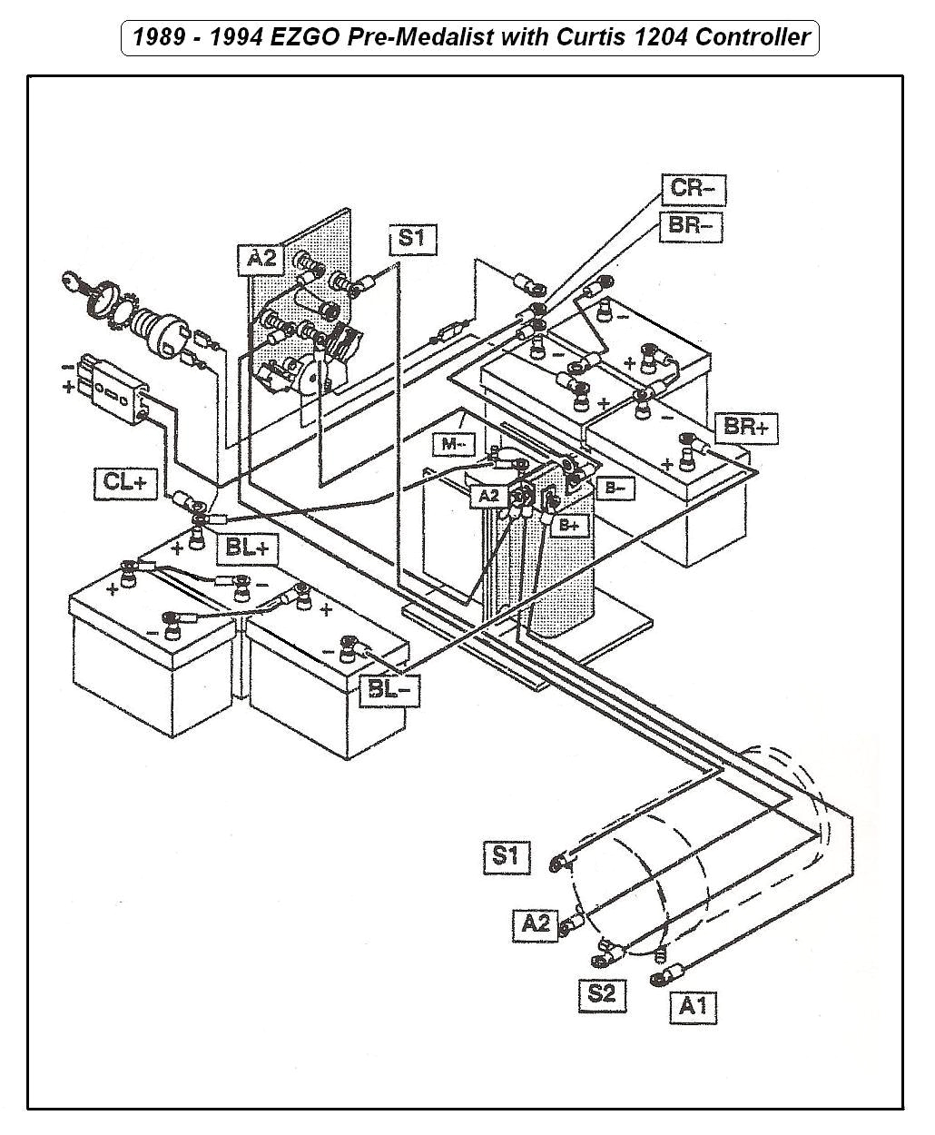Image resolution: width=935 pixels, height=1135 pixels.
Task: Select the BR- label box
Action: [x=691, y=225]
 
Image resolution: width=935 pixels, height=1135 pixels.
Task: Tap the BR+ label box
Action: [x=747, y=426]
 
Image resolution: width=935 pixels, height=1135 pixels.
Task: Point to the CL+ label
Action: [x=125, y=481]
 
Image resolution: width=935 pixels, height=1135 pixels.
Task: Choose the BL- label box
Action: [x=389, y=689]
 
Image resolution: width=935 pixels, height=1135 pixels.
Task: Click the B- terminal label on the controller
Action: [x=615, y=489]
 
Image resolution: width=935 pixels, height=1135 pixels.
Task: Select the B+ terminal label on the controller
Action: [x=572, y=525]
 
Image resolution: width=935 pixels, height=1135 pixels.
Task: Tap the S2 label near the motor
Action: [x=601, y=992]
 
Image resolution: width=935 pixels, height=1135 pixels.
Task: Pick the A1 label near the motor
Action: [x=693, y=1006]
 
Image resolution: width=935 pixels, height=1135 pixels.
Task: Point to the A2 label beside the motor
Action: [x=536, y=923]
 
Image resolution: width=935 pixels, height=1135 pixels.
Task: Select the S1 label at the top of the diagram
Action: [x=412, y=239]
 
